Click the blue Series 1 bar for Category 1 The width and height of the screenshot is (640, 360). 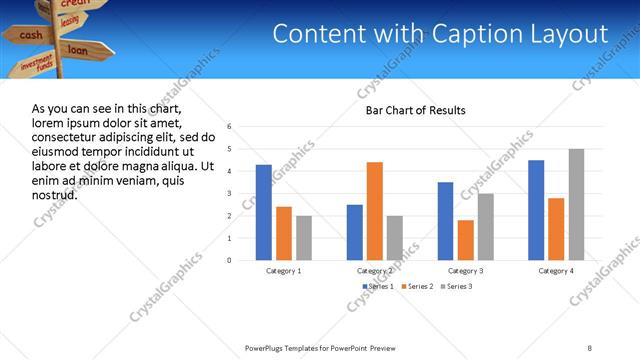tap(264, 212)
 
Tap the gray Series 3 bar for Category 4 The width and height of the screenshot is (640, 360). tap(576, 205)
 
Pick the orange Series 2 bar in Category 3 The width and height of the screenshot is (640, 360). tap(465, 240)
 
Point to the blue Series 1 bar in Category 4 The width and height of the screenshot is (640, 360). tap(536, 210)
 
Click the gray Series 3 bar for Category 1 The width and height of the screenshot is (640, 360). tap(304, 238)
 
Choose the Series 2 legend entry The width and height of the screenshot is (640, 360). tap(418, 287)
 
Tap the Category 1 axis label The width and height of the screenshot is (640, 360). tap(284, 271)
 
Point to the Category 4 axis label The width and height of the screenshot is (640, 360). tap(556, 271)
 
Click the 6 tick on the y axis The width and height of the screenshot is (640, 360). tap(230, 127)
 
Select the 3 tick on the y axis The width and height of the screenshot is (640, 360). tap(230, 194)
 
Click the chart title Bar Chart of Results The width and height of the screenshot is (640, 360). tap(415, 110)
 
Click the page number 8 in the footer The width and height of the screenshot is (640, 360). tap(590, 346)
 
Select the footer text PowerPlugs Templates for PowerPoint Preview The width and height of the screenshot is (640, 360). tap(320, 346)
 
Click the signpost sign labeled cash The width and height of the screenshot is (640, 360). tap(30, 35)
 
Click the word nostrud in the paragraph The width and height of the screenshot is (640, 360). tap(55, 195)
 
